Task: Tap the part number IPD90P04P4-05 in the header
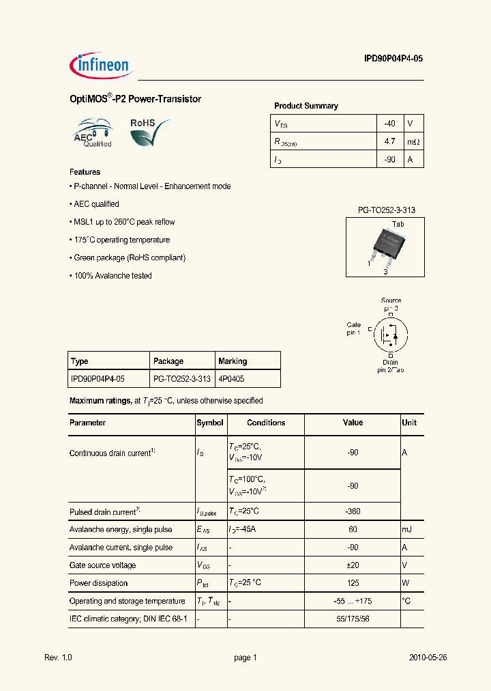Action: click(393, 59)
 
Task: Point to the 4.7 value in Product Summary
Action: click(389, 141)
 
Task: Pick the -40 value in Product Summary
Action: click(389, 124)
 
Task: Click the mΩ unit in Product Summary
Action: click(413, 141)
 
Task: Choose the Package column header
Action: click(168, 361)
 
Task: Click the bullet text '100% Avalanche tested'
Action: click(111, 276)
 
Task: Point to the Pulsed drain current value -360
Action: click(353, 511)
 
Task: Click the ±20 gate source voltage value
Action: click(353, 565)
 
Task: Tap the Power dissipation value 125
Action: click(353, 583)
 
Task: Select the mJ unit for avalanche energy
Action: click(407, 529)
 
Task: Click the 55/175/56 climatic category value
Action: click(353, 619)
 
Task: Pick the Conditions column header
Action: click(266, 423)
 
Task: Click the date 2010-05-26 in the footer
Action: click(428, 658)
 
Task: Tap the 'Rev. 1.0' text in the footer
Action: click(58, 658)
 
